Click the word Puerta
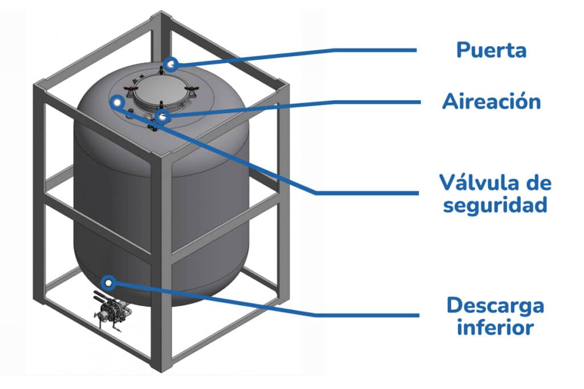491,50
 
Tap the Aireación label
491,102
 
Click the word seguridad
495,204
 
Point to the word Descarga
495,306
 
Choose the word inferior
495,327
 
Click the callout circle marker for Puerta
171,64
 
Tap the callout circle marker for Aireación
163,118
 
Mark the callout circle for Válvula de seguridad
117,103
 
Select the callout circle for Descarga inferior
108,282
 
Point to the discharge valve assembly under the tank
111,311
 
